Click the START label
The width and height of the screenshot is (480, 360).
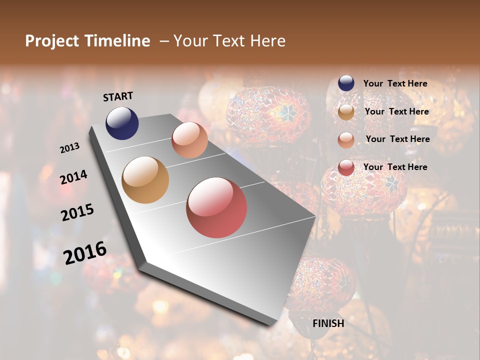[x=118, y=96]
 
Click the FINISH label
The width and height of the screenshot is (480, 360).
[x=328, y=323]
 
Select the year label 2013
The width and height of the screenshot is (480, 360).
[x=69, y=147]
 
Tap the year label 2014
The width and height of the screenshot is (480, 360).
[x=74, y=177]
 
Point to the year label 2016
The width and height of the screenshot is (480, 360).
[x=85, y=252]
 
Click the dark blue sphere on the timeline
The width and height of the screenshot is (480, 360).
[x=122, y=123]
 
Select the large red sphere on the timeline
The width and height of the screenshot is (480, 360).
[x=216, y=207]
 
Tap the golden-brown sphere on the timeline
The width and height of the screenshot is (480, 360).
[x=145, y=180]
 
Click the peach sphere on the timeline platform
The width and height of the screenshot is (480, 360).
[x=189, y=140]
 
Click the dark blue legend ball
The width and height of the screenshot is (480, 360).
[x=346, y=83]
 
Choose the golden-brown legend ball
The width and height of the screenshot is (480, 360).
[x=346, y=112]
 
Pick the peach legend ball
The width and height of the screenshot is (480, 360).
[x=346, y=140]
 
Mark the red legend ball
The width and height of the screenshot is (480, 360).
[x=346, y=167]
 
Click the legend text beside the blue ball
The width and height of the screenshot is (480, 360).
[x=395, y=83]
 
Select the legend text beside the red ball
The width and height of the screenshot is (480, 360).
[x=395, y=167]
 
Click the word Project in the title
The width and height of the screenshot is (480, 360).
[x=51, y=41]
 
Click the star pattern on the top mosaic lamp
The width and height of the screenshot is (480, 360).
[x=286, y=113]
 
